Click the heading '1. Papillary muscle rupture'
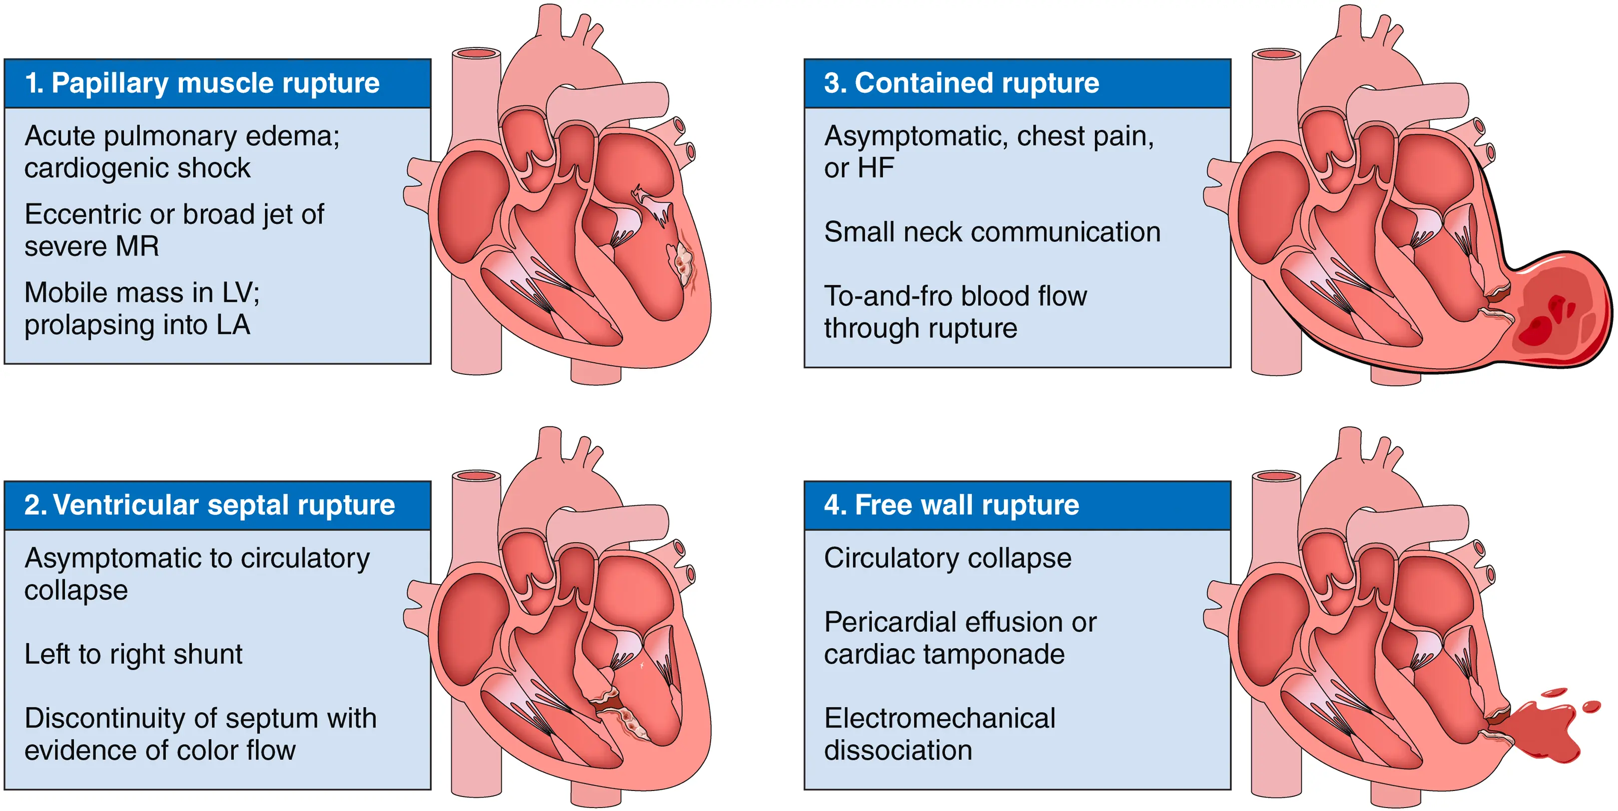click(x=202, y=83)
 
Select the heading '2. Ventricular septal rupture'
click(x=210, y=505)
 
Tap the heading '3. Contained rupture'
click(x=961, y=83)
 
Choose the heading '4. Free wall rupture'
click(x=951, y=505)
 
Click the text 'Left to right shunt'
click(x=133, y=654)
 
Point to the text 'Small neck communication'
click(x=992, y=232)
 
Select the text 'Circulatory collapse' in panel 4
click(x=948, y=558)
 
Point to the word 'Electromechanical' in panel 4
click(x=939, y=718)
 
